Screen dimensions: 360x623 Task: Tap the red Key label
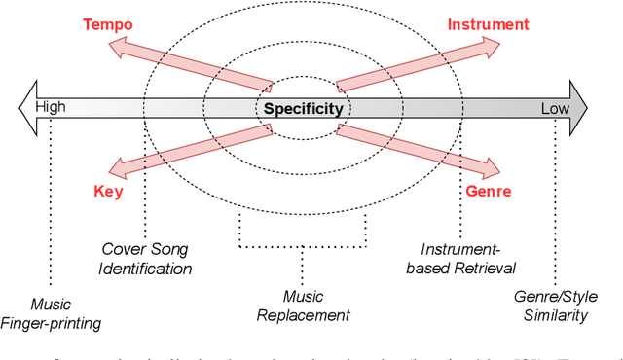(x=107, y=192)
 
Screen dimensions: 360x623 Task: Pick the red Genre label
(x=487, y=192)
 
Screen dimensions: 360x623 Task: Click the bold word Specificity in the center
(x=302, y=108)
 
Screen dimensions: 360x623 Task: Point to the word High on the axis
(x=50, y=107)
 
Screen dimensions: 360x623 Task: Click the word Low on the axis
(x=555, y=107)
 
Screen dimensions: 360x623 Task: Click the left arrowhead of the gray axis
(x=26, y=107)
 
